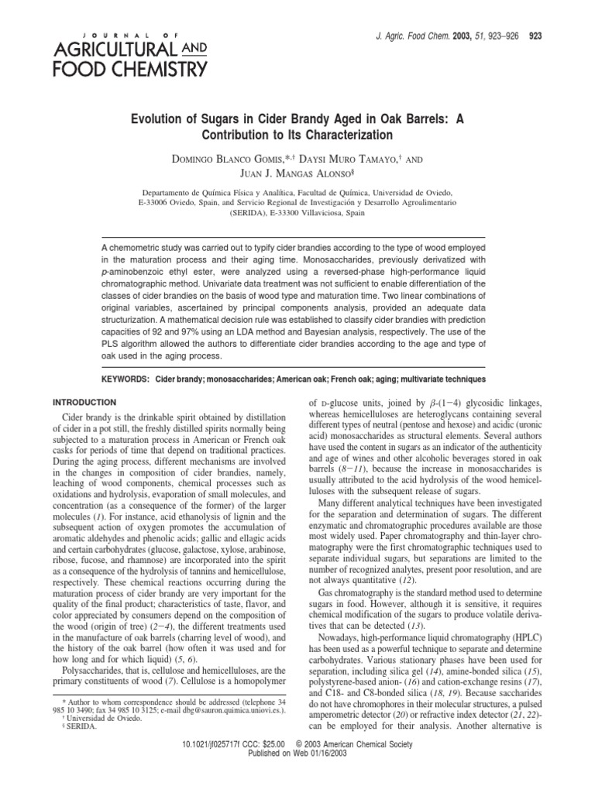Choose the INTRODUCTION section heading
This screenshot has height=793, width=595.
tap(84, 403)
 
